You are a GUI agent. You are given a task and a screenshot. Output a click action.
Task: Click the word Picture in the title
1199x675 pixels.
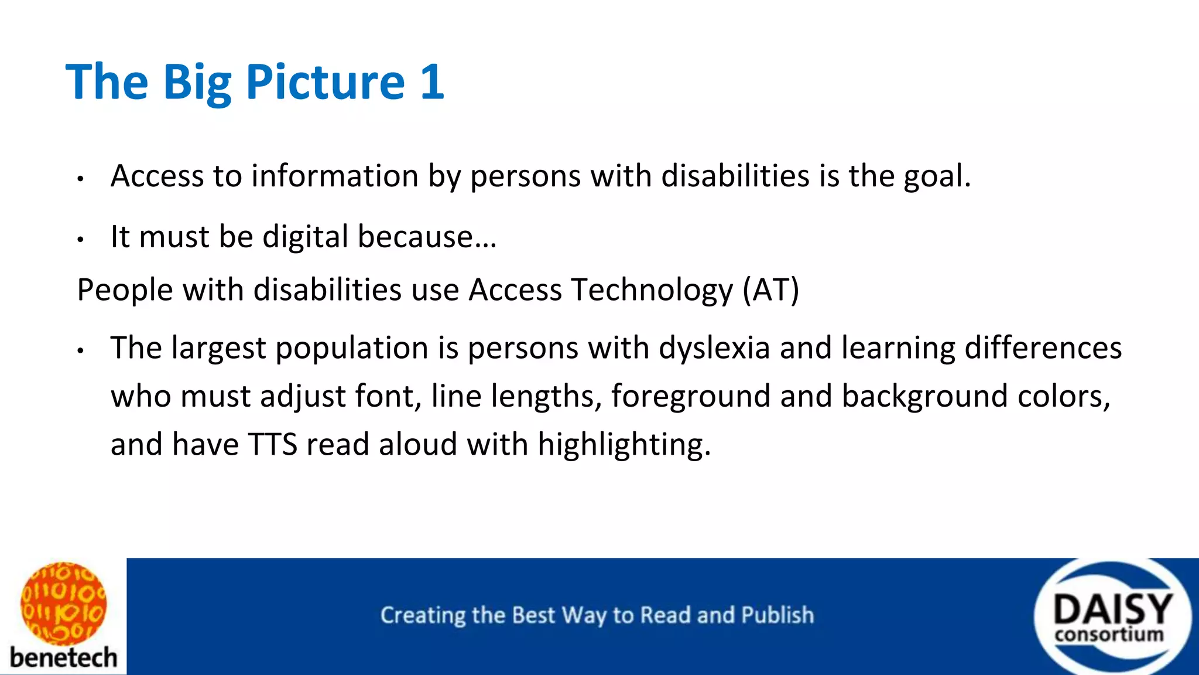click(325, 82)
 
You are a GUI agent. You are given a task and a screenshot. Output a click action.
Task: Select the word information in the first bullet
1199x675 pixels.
click(335, 176)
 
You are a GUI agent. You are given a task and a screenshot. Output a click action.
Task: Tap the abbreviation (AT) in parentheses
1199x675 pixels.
click(770, 290)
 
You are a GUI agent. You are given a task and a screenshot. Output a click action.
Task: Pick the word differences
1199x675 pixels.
click(1043, 348)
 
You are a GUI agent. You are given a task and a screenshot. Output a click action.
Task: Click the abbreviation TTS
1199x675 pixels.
click(273, 445)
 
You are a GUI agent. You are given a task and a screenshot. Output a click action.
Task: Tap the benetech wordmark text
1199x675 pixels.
click(63, 657)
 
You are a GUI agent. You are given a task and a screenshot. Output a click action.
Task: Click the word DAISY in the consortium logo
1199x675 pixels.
click(1112, 609)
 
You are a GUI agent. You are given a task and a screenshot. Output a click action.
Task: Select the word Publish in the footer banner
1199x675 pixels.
click(777, 615)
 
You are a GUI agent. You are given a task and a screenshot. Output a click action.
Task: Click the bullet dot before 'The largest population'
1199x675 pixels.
click(81, 351)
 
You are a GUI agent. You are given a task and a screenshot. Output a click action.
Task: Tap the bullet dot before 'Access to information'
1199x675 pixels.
click(81, 179)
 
